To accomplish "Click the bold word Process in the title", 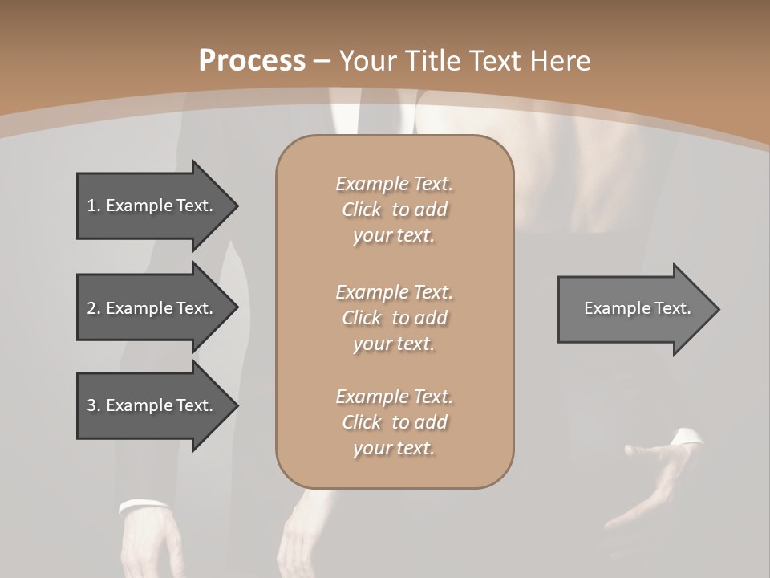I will click(252, 61).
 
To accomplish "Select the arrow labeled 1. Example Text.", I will click(152, 206).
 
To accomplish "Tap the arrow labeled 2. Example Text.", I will click(152, 308).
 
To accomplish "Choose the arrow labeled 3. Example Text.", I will click(152, 405).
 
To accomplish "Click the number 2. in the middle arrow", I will click(94, 308).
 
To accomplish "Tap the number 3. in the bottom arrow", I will click(94, 405).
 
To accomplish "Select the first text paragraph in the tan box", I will click(394, 210).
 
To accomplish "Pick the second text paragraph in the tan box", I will click(394, 318).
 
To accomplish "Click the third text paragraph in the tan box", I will click(394, 422).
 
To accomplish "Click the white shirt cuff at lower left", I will click(143, 507).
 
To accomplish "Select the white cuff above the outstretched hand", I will click(687, 437).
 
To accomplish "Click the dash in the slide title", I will click(322, 61).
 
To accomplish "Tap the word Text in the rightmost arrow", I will click(673, 308).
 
